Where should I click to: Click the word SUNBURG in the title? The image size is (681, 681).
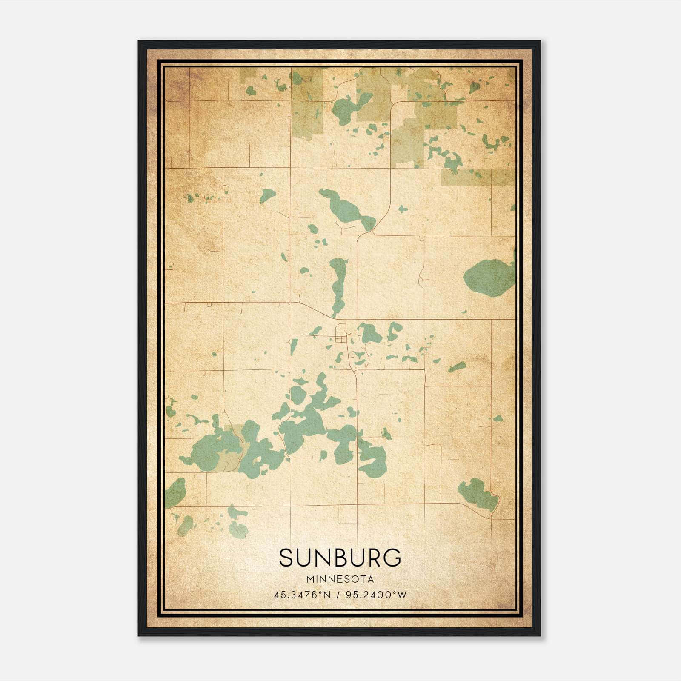pos(340,558)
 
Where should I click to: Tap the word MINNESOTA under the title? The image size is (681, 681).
pos(340,579)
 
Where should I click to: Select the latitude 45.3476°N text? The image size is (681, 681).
pos(302,595)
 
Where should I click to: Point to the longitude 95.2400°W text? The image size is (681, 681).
pos(376,595)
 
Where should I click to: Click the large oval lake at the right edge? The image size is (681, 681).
pos(489,278)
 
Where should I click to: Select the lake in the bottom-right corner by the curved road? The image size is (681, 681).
pos(478,494)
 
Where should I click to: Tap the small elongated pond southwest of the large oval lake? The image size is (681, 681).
pos(457,367)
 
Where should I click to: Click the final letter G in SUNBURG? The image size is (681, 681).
pos(392,558)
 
